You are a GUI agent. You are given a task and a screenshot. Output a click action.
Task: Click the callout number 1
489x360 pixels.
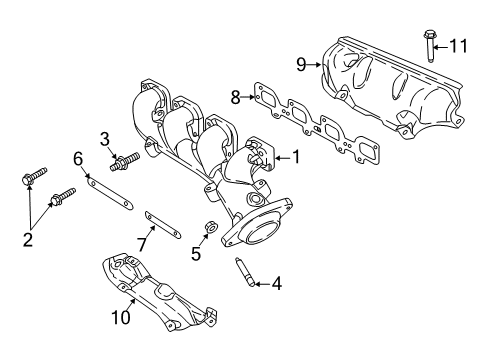tap(296, 158)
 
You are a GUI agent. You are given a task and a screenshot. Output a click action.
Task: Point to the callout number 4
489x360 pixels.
tap(276, 284)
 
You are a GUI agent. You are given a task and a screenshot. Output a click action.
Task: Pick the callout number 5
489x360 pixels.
tap(196, 254)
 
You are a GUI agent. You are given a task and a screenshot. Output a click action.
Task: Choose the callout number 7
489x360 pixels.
tap(143, 244)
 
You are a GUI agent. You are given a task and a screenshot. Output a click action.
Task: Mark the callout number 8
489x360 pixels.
tap(236, 97)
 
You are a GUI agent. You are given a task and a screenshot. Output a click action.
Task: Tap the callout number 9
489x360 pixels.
tap(301, 65)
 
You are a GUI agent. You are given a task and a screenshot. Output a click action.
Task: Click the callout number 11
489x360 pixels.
tap(458, 45)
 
